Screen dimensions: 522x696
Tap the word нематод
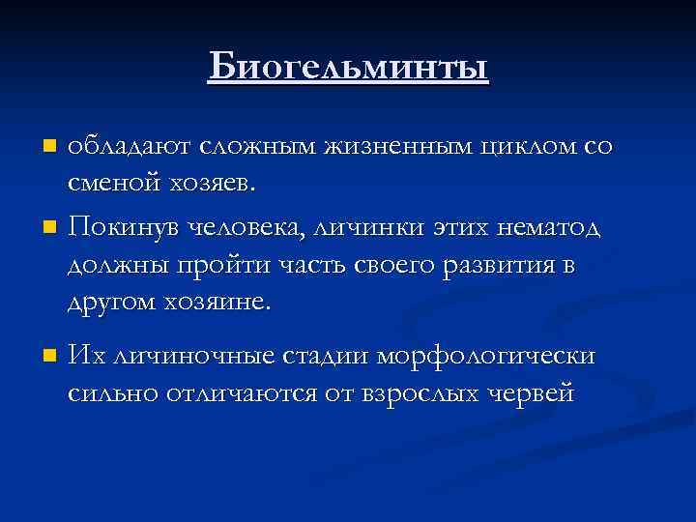point(546,229)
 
